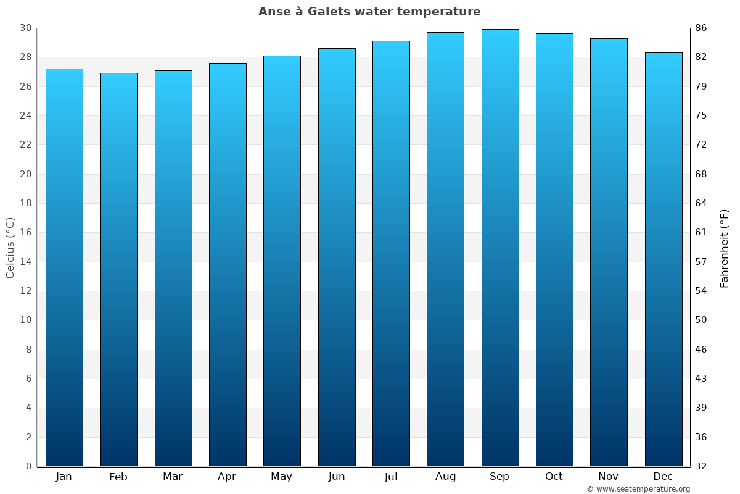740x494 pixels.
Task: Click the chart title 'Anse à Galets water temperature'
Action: pos(369,12)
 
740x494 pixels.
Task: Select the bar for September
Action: pos(500,247)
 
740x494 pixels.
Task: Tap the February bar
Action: pos(118,269)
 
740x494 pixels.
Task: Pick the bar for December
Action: pos(664,259)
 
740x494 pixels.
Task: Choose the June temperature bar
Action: pos(337,257)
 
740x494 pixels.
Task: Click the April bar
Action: pos(228,264)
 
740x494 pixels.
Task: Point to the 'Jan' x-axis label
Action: pos(64,477)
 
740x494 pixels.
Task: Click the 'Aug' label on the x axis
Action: pos(445,477)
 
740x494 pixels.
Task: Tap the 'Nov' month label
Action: pos(609,477)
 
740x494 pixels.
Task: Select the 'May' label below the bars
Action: pos(282,477)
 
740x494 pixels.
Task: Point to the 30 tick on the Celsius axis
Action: pos(25,28)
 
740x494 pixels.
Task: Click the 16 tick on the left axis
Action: pos(25,233)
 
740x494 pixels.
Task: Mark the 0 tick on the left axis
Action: pos(28,466)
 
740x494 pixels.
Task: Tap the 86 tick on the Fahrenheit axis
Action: pos(701,28)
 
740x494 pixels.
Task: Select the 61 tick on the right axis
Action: pos(701,233)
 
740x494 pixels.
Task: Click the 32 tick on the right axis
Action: pos(701,466)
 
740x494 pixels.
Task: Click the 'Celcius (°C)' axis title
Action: pos(10,247)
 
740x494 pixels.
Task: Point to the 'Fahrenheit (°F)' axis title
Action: pos(724,248)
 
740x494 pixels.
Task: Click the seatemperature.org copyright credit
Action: pos(638,489)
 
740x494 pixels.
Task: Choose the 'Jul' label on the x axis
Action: pos(391,477)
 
